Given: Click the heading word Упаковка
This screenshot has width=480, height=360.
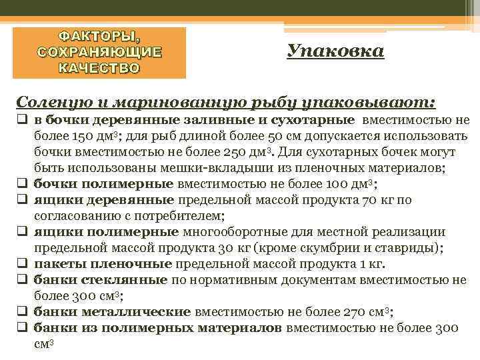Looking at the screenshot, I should pos(336,51).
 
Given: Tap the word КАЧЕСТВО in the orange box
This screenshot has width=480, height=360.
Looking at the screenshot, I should pos(99,68).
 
